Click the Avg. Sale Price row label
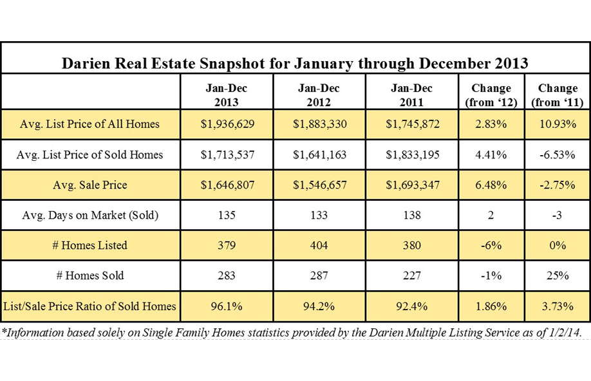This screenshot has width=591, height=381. tap(90, 185)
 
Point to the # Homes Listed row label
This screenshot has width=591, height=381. tap(90, 245)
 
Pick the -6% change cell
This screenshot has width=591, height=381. tap(491, 245)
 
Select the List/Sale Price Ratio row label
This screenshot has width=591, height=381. tap(90, 306)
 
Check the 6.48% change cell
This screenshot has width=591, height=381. tap(491, 185)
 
